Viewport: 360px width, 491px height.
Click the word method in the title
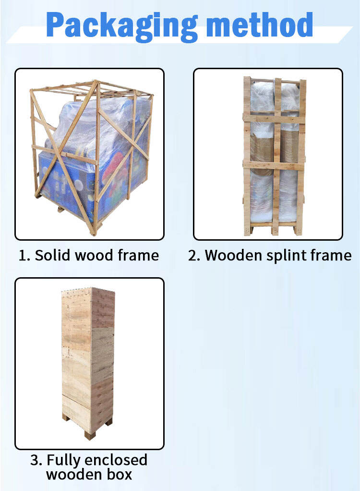point(260,25)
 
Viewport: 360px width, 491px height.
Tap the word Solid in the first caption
point(52,255)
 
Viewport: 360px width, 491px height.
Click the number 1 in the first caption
point(23,256)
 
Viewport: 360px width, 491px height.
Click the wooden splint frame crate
point(274,156)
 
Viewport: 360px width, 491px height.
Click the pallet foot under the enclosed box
point(89,435)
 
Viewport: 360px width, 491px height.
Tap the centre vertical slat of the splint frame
point(276,156)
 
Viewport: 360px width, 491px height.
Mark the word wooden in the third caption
point(74,474)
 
